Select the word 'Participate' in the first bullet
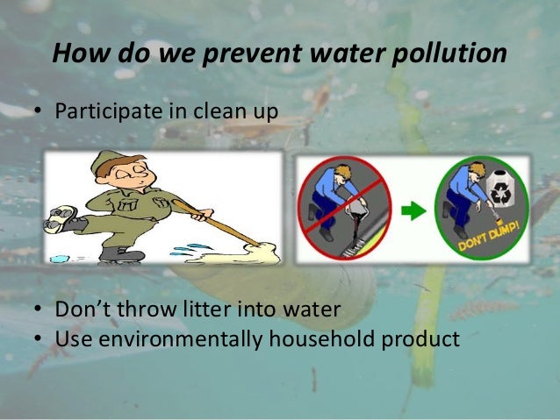click(x=99, y=113)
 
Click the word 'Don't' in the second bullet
click(x=86, y=312)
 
